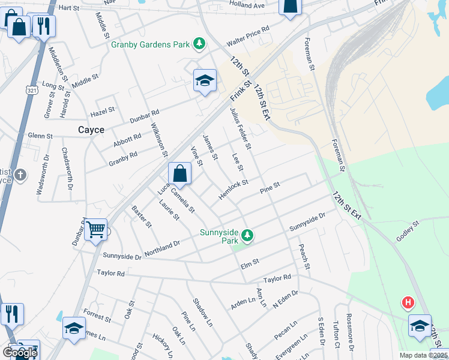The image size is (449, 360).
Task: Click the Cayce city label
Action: [91, 130]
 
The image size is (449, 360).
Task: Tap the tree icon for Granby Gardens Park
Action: [199, 44]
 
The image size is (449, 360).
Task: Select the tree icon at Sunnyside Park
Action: [246, 235]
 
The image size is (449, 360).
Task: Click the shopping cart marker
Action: [96, 229]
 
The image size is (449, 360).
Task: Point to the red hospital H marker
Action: [408, 303]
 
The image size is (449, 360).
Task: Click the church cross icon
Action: [20, 175]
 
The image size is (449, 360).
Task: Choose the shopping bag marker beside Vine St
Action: [179, 174]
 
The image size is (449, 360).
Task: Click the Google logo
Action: [20, 353]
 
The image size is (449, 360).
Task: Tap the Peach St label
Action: [304, 256]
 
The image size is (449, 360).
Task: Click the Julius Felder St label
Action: [240, 128]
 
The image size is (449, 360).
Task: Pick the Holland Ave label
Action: [247, 5]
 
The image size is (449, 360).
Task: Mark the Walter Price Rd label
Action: [247, 36]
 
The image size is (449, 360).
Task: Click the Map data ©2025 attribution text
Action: [424, 355]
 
